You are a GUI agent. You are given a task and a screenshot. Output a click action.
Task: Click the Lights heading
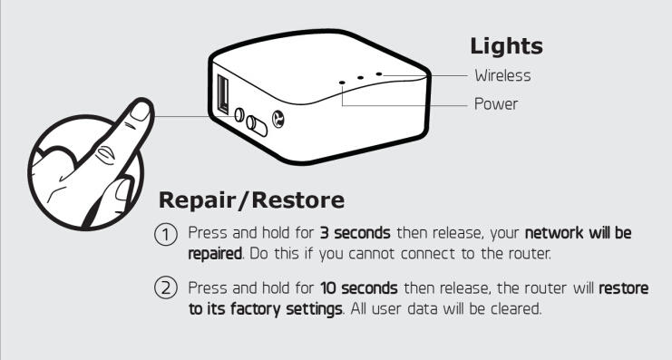pos(506,47)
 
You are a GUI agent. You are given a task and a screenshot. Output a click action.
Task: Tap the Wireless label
pos(502,76)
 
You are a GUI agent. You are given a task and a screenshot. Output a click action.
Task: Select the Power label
pos(496,104)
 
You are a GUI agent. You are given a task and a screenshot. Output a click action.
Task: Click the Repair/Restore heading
pos(251,200)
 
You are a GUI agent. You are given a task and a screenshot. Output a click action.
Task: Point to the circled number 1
pos(165,235)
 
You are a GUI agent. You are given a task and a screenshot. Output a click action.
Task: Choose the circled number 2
pos(165,287)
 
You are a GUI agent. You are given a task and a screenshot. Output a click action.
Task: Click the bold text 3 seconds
pos(355,233)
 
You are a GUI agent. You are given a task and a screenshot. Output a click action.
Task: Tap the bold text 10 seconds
pos(359,288)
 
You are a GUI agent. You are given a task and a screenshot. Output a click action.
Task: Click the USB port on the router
pos(223,93)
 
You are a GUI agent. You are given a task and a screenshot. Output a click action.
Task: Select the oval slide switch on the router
pos(256,125)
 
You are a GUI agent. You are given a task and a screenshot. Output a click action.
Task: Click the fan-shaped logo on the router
pos(278,119)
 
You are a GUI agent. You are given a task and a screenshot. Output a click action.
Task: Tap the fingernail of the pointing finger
pos(140,112)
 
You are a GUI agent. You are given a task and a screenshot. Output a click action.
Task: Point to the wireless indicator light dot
pos(379,73)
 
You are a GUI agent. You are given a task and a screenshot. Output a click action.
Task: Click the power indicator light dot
pos(342,82)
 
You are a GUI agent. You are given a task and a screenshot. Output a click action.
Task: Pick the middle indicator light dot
pos(360,78)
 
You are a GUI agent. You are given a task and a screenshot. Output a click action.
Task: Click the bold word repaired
pos(215,254)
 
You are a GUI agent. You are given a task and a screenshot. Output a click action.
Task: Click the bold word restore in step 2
pos(624,288)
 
